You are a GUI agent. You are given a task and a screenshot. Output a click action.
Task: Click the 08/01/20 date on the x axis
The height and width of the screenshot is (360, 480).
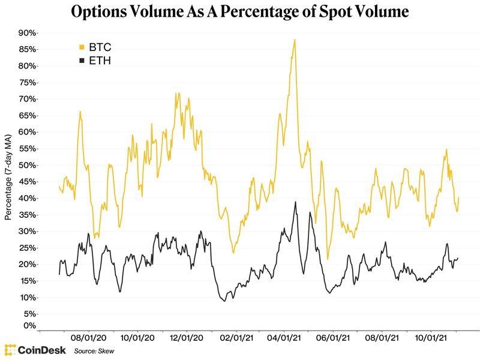(x=88, y=338)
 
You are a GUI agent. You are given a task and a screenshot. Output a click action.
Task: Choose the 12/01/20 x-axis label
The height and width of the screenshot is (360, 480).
(x=185, y=338)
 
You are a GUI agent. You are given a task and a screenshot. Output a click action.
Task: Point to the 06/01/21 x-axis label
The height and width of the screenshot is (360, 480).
(x=332, y=338)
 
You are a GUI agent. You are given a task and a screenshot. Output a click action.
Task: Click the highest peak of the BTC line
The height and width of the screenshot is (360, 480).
(x=295, y=40)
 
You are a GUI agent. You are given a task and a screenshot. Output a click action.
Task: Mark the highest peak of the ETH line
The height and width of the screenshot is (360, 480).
(x=295, y=202)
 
